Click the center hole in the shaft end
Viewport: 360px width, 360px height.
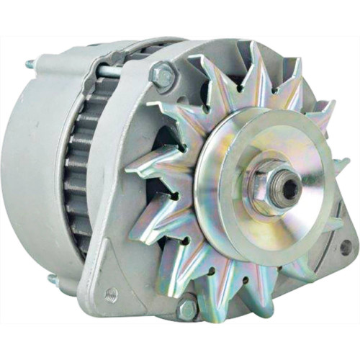[289, 189]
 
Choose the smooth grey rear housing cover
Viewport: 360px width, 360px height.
[29, 166]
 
